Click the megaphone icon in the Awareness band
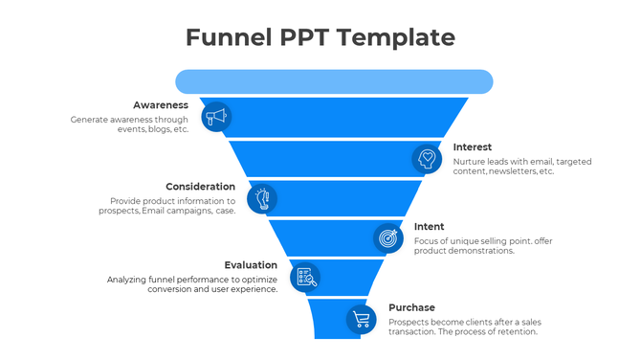coord(217,117)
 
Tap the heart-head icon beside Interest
coord(427,158)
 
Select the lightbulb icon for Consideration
coord(262,198)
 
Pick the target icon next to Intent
coord(387,236)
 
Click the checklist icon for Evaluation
coord(305,278)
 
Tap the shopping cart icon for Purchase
coord(361,319)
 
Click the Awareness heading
coord(160,104)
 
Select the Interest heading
coord(473,147)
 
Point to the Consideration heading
coord(200,187)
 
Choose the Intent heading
coord(429,227)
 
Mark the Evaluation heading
coord(251,265)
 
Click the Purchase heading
coord(411,307)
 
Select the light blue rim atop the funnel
coord(334,81)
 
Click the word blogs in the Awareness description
coord(161,129)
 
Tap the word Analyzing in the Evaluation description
coord(131,279)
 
